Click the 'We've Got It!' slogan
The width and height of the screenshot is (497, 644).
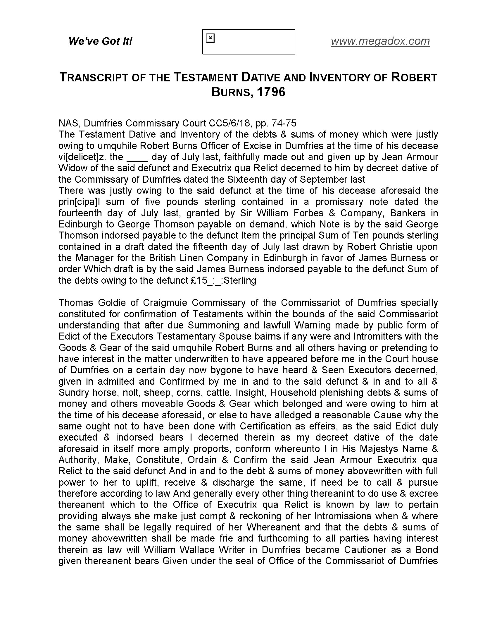point(100,41)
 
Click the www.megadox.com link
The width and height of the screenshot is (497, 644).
point(380,41)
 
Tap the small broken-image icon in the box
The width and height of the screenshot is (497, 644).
point(210,38)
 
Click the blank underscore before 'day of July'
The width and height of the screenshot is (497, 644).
point(137,157)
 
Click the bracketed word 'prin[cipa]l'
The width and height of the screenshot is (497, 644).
point(79,202)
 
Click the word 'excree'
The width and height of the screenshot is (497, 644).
point(423,494)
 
